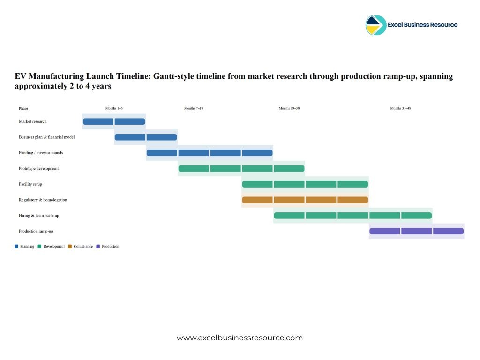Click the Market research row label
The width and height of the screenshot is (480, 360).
click(x=33, y=121)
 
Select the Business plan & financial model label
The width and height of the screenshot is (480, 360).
click(x=47, y=137)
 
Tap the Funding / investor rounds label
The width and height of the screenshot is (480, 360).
click(x=41, y=153)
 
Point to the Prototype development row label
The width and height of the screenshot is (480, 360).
click(x=39, y=168)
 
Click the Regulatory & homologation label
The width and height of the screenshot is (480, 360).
click(x=43, y=200)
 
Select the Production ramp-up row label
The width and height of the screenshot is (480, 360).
click(x=36, y=231)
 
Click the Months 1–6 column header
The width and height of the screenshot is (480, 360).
click(x=114, y=108)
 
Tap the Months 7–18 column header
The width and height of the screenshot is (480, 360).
click(x=194, y=108)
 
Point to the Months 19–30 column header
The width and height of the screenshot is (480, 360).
click(x=289, y=108)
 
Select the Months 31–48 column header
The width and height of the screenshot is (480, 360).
click(x=401, y=108)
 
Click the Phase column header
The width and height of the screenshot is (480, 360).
click(x=23, y=108)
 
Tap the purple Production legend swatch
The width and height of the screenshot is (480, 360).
click(x=98, y=246)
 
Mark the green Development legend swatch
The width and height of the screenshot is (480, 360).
click(x=40, y=246)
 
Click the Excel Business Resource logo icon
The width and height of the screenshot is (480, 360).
click(x=376, y=25)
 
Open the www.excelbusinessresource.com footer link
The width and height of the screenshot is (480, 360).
click(x=240, y=337)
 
